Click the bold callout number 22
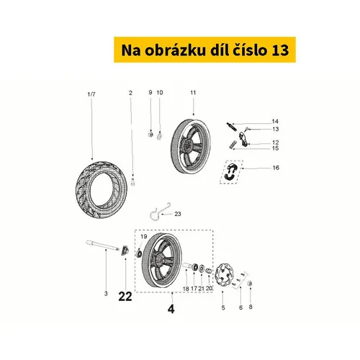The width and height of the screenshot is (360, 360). pos(125,297)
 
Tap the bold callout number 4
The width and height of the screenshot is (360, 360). pos(171,309)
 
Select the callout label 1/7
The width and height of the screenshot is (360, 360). pos(91,94)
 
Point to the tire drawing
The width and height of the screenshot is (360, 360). pos(101,190)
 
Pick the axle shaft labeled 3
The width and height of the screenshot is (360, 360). pos(103,246)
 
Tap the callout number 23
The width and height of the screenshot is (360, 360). pos(178,214)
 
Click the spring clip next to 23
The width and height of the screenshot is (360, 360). pos(158,211)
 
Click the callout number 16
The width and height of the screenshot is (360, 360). pos(276,168)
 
